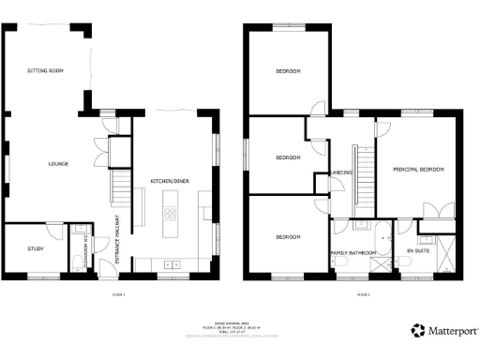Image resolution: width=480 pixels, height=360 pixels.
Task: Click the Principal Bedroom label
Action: coord(418,170)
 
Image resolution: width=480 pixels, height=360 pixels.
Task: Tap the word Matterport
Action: coord(445,331)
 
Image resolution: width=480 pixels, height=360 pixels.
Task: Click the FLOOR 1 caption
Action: coord(117,294)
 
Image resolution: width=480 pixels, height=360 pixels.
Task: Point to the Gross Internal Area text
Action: coord(239,319)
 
